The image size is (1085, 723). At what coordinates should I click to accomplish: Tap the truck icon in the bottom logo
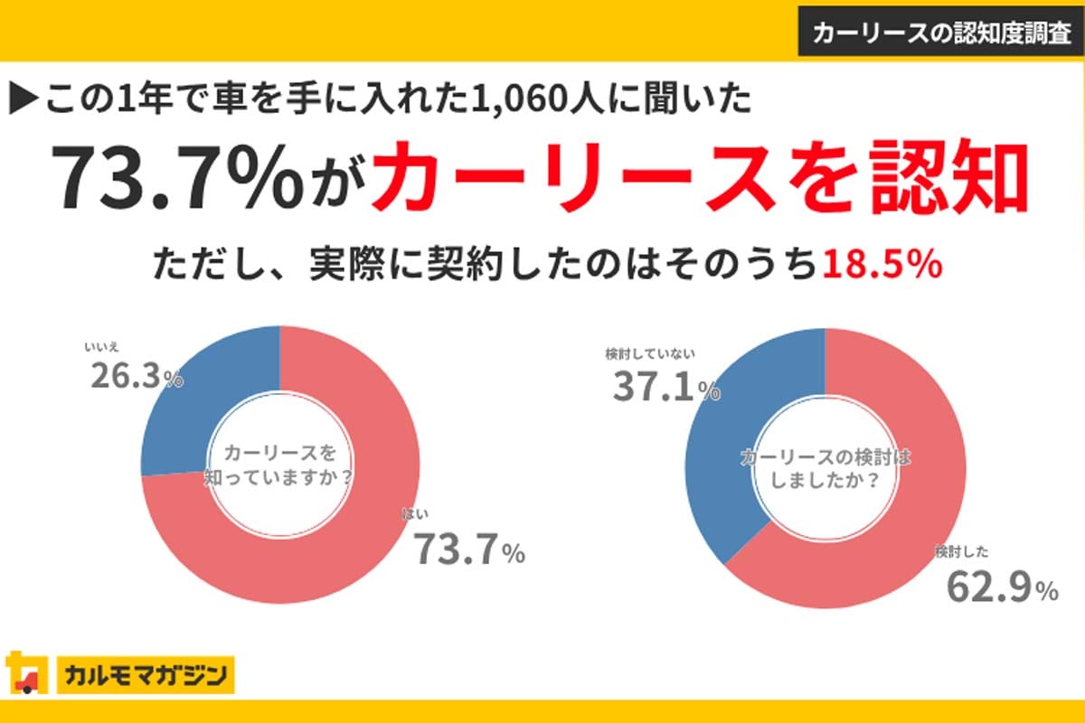[x=25, y=673]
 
